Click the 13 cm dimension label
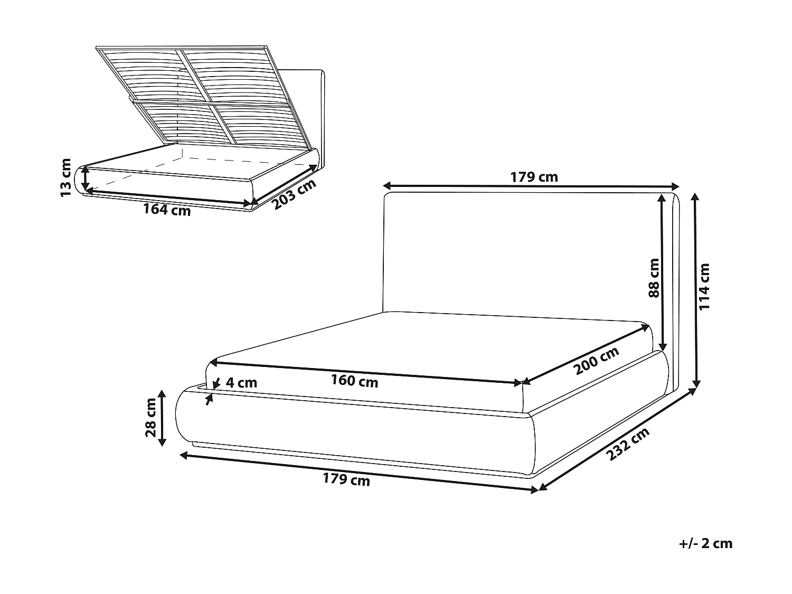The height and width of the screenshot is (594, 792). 66,177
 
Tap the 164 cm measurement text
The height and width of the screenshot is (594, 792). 167,209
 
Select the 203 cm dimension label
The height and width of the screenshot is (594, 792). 294,194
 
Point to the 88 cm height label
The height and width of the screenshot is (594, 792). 654,278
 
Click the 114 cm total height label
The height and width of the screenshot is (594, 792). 704,287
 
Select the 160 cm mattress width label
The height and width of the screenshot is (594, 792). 354,380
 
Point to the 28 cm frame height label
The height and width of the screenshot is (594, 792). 151,417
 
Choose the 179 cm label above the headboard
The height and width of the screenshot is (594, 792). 534,177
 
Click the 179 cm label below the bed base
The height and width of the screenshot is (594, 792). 346,479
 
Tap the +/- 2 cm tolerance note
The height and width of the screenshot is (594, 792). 706,543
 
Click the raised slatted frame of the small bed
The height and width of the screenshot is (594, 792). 201,95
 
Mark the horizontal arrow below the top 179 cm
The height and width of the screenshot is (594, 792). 531,186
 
